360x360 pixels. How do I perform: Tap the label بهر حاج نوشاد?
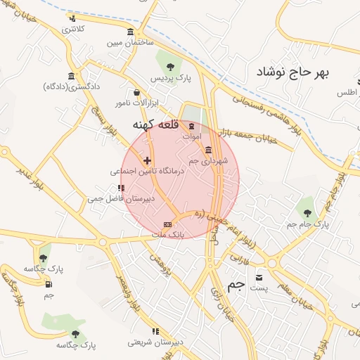pyautogui.click(x=293, y=72)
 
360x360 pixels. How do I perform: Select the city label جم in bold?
pyautogui.click(x=237, y=285)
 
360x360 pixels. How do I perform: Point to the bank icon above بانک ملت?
pyautogui.click(x=167, y=224)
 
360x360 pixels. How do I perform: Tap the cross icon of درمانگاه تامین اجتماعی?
pyautogui.click(x=147, y=161)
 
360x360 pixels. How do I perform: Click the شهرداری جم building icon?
pyautogui.click(x=208, y=150)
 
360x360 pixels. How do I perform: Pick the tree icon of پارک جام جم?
pyautogui.click(x=307, y=211)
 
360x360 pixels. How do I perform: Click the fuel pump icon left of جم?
pyautogui.click(x=48, y=284)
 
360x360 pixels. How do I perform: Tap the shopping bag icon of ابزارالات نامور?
pyautogui.click(x=136, y=92)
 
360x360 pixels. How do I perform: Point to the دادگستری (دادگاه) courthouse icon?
pyautogui.click(x=71, y=76)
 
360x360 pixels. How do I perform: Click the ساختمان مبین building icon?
pyautogui.click(x=131, y=33)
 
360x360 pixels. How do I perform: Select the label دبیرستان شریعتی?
pyautogui.click(x=155, y=342)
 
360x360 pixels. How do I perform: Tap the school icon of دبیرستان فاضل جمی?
pyautogui.click(x=121, y=188)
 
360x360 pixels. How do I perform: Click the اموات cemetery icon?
pyautogui.click(x=192, y=125)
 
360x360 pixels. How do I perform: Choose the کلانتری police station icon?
pyautogui.click(x=72, y=19)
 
